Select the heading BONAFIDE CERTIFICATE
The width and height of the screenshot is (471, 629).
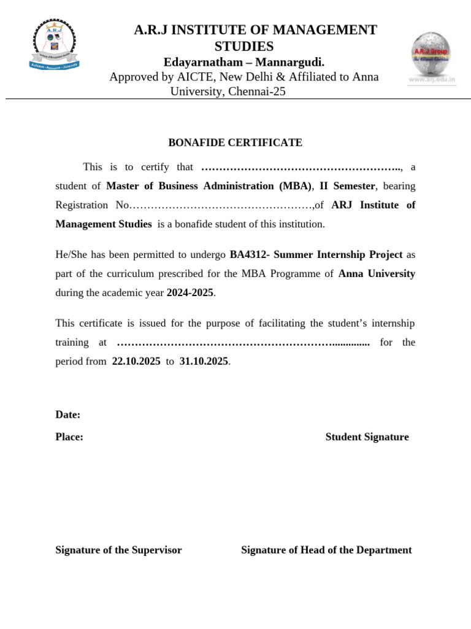pyautogui.click(x=235, y=143)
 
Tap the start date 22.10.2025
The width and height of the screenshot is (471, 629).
pyautogui.click(x=136, y=361)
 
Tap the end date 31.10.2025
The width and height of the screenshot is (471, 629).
pyautogui.click(x=204, y=361)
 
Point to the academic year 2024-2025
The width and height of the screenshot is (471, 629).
pyautogui.click(x=190, y=293)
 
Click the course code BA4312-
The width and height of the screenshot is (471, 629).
pyautogui.click(x=250, y=254)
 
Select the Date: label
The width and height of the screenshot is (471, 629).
pyautogui.click(x=68, y=415)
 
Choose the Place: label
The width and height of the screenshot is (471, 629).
pyautogui.click(x=69, y=437)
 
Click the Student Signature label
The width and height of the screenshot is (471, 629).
pyautogui.click(x=367, y=437)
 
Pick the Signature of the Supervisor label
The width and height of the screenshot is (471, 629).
pyautogui.click(x=118, y=550)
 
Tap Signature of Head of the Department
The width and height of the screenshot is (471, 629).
pyautogui.click(x=326, y=550)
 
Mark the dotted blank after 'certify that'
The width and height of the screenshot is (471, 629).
pyautogui.click(x=301, y=167)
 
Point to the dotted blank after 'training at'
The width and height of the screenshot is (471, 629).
pyautogui.click(x=243, y=343)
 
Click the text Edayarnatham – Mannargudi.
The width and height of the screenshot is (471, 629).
pyautogui.click(x=243, y=62)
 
